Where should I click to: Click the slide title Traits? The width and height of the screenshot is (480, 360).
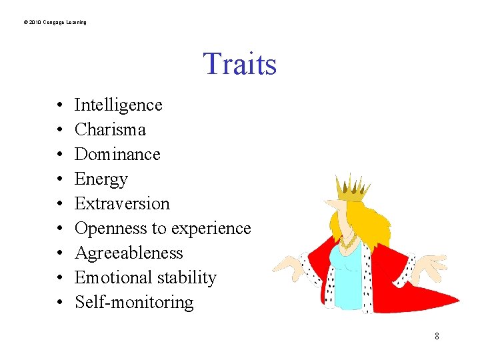click(239, 64)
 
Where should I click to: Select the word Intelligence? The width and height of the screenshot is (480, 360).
click(118, 105)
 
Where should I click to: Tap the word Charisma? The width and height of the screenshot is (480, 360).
click(110, 129)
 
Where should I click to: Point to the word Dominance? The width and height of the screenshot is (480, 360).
click(117, 154)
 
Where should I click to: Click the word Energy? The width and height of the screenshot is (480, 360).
click(101, 179)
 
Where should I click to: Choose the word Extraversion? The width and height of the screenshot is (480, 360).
click(122, 203)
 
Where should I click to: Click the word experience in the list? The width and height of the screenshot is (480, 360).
click(211, 229)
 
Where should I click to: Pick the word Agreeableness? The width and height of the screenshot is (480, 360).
click(129, 253)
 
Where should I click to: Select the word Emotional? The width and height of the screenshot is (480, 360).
click(107, 278)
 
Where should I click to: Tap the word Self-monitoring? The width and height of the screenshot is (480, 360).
click(134, 303)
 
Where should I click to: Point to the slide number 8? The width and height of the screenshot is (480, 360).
click(437, 336)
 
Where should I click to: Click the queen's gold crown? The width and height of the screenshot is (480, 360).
click(351, 188)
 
